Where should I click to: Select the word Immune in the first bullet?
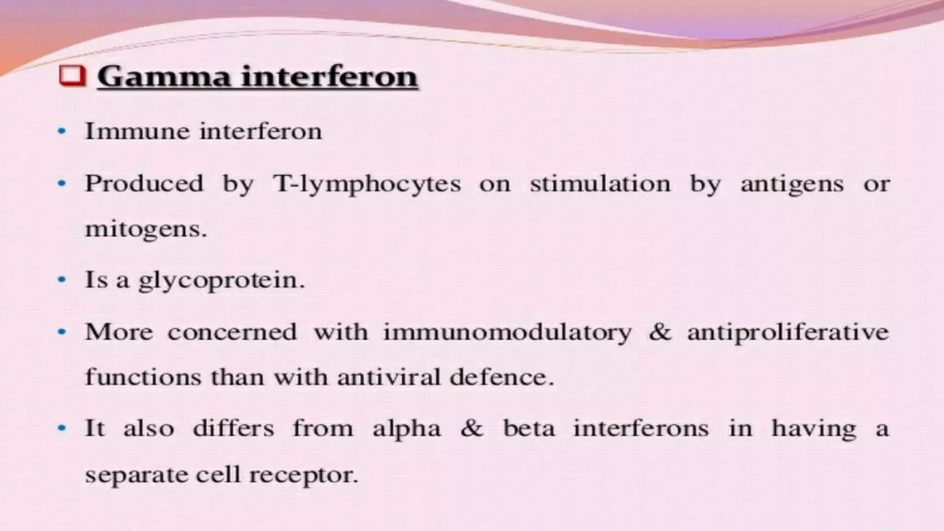coord(137,132)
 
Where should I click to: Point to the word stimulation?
coord(600,184)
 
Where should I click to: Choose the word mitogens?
coord(146,229)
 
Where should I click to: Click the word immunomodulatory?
coord(507,332)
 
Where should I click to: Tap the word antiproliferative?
coord(788,332)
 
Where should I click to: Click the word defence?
coord(501,378)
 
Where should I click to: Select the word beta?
coord(529,428)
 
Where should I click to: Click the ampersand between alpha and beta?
coord(472,428)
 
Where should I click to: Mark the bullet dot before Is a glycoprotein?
coord(62,280)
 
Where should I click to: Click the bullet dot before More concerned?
coord(62,331)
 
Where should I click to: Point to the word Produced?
coord(144,184)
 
